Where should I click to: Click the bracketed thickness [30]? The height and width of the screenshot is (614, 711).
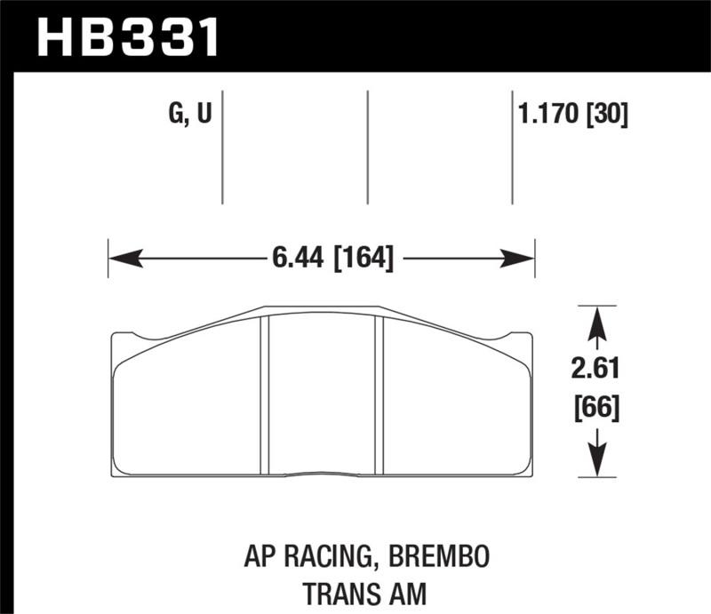point(606,116)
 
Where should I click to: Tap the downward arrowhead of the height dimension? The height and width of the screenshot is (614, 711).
point(597,463)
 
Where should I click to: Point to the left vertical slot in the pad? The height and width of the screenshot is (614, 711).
point(264,395)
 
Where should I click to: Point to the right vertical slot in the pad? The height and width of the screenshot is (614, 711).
point(378,395)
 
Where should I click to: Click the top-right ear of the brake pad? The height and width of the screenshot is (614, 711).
point(520,339)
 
